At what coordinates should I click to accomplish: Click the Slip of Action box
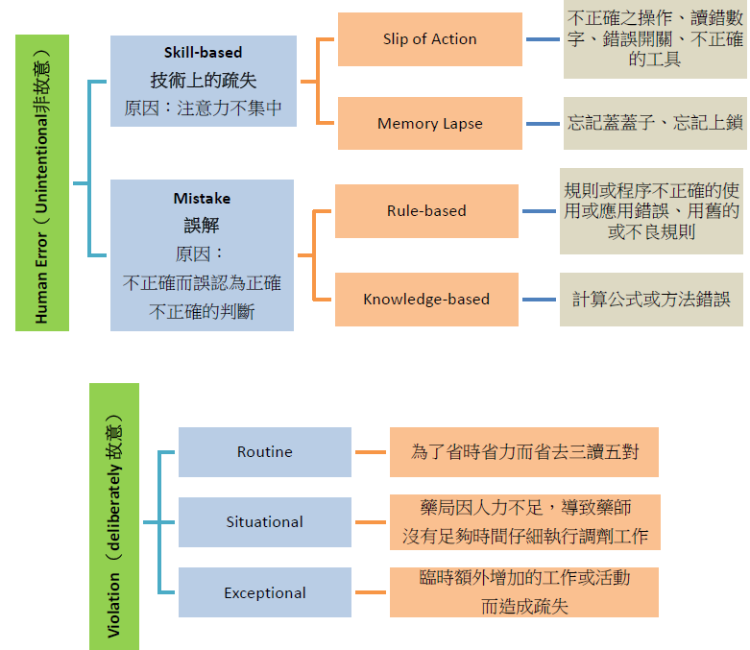[x=429, y=39]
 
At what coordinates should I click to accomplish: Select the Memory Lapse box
[x=429, y=124]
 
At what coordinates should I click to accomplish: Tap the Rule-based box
[x=425, y=211]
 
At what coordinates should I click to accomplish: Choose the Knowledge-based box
[x=425, y=300]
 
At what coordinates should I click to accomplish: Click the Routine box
[x=264, y=452]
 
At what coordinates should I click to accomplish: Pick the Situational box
[x=264, y=522]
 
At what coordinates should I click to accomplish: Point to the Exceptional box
[x=264, y=593]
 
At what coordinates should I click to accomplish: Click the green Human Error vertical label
[x=42, y=182]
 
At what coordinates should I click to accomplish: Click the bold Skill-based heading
[x=203, y=53]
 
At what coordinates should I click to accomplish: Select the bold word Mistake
[x=202, y=199]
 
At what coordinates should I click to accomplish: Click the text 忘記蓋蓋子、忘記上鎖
[x=655, y=123]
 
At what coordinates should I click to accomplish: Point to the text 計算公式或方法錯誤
[x=653, y=300]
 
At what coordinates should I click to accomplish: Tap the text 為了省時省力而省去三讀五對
[x=523, y=452]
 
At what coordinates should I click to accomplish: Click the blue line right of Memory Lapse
[x=544, y=124]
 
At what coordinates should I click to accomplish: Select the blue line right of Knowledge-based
[x=539, y=300]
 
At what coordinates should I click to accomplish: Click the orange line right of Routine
[x=370, y=452]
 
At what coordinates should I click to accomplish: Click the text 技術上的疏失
[x=203, y=81]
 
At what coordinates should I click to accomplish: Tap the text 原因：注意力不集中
[x=203, y=108]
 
